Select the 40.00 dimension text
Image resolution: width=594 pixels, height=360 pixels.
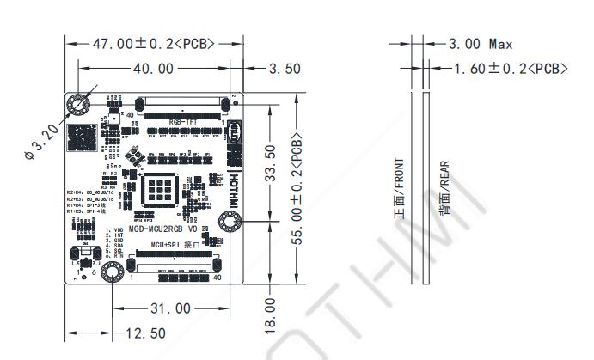click(154, 69)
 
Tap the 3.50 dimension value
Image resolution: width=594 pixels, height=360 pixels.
click(284, 69)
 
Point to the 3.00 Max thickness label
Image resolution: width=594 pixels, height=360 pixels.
click(481, 43)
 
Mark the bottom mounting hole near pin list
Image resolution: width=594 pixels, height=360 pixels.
click(110, 274)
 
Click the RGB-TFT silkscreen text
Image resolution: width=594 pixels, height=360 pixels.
click(183, 124)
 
